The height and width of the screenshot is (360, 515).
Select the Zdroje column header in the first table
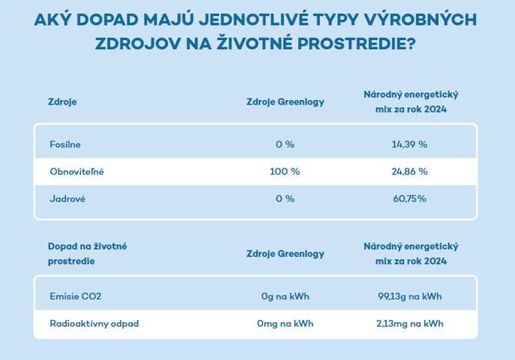pos(62,102)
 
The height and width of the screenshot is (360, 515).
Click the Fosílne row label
pos(65,144)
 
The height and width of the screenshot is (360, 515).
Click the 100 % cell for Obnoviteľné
pos(284,171)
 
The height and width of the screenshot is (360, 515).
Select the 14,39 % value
pos(410,144)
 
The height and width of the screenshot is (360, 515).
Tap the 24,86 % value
pos(410,171)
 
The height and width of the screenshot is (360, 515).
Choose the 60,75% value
pos(410,198)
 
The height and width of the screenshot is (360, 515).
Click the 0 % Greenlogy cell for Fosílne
pos(284,144)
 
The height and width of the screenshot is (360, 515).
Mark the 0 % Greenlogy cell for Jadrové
pos(284,198)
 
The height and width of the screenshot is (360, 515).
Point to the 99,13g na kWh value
pos(410,296)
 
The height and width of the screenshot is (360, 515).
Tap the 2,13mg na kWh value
pos(410,323)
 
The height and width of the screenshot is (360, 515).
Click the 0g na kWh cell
pos(284,296)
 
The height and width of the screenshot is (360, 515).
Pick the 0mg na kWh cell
pos(284,323)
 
